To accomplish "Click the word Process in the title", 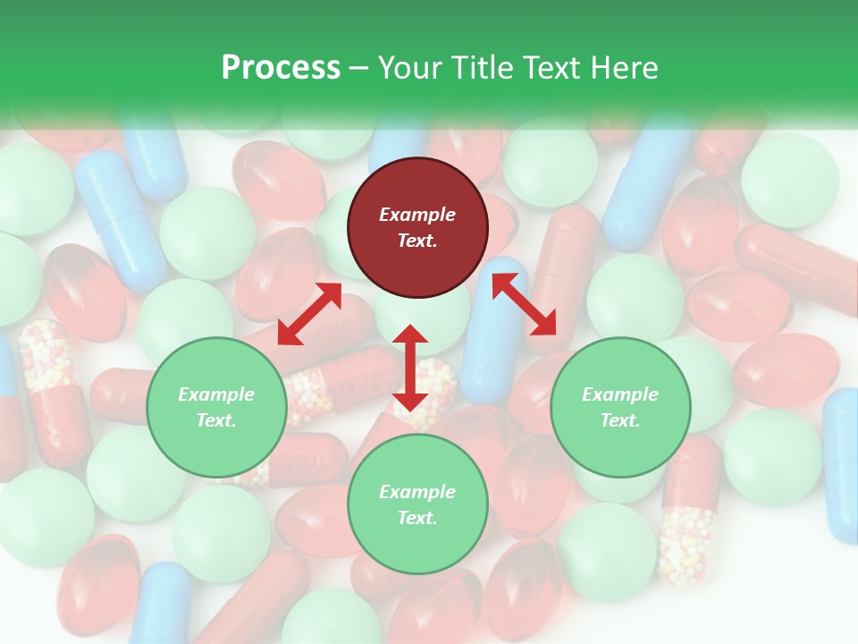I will point(281,68).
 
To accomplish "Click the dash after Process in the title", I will point(359,69).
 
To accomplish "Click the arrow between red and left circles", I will point(309,314).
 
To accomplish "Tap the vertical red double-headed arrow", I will point(410,368).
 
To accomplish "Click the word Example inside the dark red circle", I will point(417,215).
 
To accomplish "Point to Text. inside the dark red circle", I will point(417,241).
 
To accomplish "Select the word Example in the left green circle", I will point(216,394).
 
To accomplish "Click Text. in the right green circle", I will point(620,420).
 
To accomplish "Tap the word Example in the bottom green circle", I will point(417,492).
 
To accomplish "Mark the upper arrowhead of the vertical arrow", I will point(410,334).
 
